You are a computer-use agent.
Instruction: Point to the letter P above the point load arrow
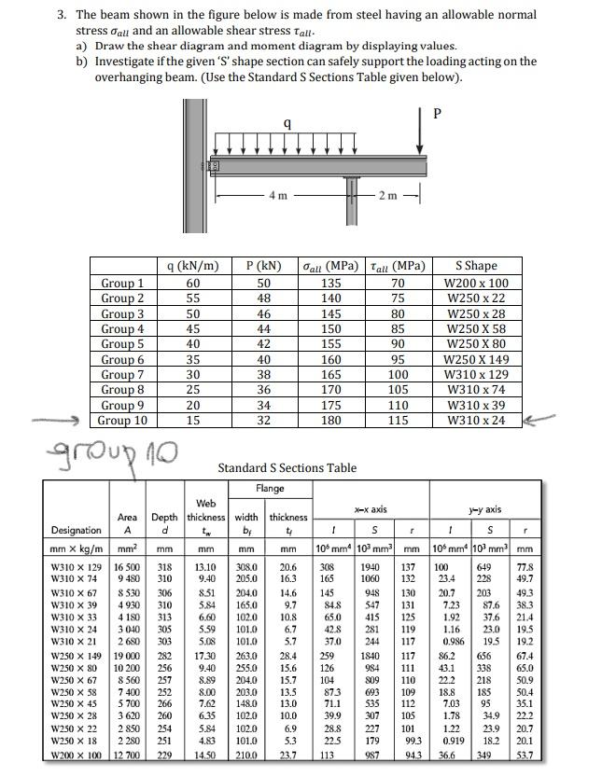pyautogui.click(x=437, y=114)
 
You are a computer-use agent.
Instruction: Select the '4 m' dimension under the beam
pyautogui.click(x=277, y=194)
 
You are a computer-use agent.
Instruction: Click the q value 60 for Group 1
pyautogui.click(x=193, y=283)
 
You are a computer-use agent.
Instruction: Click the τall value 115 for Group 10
pyautogui.click(x=399, y=421)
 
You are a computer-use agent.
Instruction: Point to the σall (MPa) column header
pyautogui.click(x=330, y=266)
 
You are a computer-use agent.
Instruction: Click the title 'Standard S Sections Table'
pyautogui.click(x=287, y=467)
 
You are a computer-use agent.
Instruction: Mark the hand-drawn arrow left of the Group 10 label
pyautogui.click(x=58, y=422)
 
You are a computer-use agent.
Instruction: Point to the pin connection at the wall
pyautogui.click(x=213, y=166)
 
